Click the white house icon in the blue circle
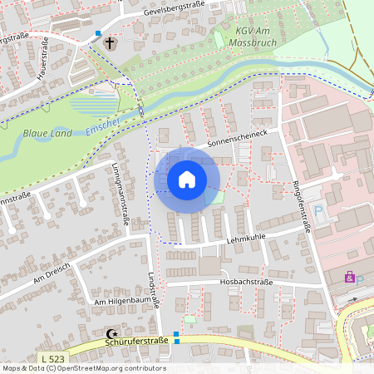(x=187, y=179)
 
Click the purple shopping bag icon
(x=349, y=277)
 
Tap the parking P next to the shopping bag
(x=360, y=277)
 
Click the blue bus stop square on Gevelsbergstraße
(x=98, y=34)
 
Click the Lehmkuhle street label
(x=245, y=238)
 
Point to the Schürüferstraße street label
(x=138, y=341)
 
